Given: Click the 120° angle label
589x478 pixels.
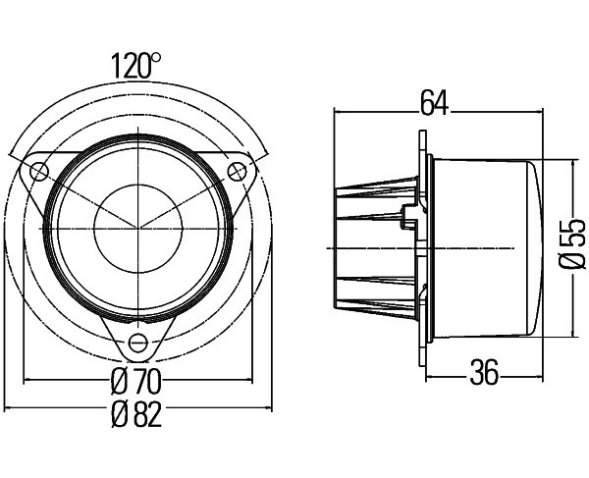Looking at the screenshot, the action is pyautogui.click(x=136, y=66).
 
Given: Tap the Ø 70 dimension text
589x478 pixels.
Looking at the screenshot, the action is pyautogui.click(x=136, y=381).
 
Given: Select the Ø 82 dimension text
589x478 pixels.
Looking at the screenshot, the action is pyautogui.click(x=136, y=414).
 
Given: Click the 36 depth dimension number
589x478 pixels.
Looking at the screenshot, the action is pyautogui.click(x=484, y=373).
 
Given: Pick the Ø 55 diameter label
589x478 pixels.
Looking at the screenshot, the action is pyautogui.click(x=571, y=243).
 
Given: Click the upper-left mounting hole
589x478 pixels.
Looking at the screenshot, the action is pyautogui.click(x=39, y=172).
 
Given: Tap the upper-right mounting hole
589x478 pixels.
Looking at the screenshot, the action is pyautogui.click(x=237, y=172).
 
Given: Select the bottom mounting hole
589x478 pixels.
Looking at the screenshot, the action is pyautogui.click(x=137, y=343).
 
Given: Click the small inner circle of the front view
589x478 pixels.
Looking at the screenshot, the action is pyautogui.click(x=138, y=229).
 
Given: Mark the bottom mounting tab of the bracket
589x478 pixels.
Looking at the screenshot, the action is pyautogui.click(x=137, y=339).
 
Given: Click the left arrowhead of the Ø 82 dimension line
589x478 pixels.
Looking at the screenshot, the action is pyautogui.click(x=8, y=407).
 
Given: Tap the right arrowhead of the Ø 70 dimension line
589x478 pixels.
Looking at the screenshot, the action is pyautogui.click(x=248, y=381).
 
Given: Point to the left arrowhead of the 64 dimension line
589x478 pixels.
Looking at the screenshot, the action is pyautogui.click(x=338, y=111).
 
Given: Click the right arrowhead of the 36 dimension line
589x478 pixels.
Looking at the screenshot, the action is pyautogui.click(x=538, y=376).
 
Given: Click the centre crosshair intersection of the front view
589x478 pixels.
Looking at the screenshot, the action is pyautogui.click(x=138, y=229).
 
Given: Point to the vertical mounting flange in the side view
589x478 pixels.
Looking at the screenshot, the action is pyautogui.click(x=422, y=247).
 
